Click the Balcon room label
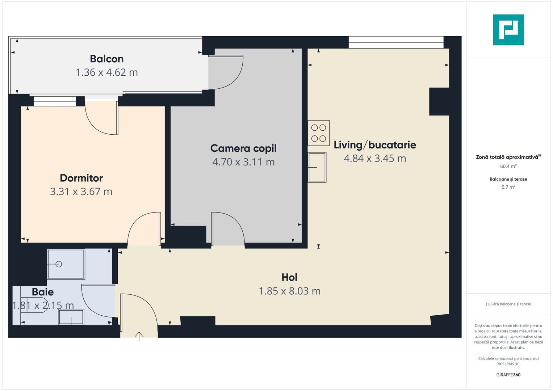106,59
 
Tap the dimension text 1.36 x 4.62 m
106,72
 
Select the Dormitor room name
81,178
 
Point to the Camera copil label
243,148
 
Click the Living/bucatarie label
375,145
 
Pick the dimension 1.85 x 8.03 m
289,291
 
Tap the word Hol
289,277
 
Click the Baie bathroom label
43,292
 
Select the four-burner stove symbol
319,133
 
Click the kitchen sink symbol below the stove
317,167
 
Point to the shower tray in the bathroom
66,264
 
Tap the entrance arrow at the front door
139,336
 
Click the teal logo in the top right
508,30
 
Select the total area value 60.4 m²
508,167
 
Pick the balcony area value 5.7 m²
508,187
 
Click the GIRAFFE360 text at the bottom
508,375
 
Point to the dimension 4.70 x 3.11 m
243,162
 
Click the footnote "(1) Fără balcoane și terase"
508,304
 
